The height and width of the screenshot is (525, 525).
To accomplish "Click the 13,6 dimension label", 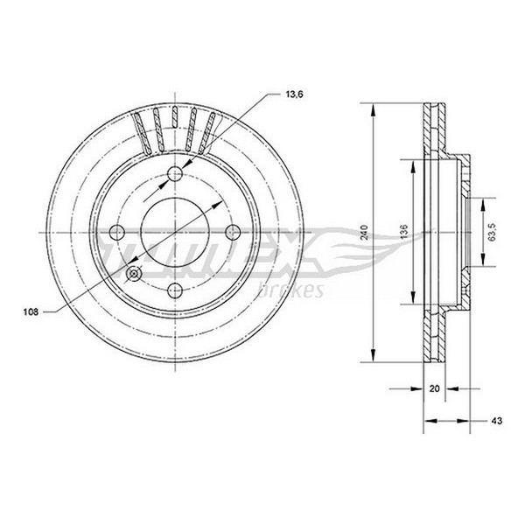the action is (294, 94).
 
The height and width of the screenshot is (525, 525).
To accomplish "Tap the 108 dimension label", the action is (31, 312).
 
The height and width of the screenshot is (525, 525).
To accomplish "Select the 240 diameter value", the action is (365, 232).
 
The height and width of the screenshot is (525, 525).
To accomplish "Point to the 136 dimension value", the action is (405, 232).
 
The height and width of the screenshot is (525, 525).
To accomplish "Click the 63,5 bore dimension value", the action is (492, 232).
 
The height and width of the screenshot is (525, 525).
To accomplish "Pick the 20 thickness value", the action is (434, 388).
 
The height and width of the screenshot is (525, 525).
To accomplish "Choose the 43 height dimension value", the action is (498, 421).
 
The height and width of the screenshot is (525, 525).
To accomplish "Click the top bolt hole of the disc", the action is (175, 173).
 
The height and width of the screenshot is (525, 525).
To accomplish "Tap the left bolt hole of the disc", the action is (117, 232).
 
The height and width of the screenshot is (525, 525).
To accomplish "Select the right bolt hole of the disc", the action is (233, 232).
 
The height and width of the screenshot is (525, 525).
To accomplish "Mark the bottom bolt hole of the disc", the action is (175, 290).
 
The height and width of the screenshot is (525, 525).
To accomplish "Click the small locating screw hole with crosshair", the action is (134, 274).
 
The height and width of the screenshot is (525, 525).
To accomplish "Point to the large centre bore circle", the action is (175, 199).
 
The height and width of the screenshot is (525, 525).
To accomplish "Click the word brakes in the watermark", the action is (290, 291).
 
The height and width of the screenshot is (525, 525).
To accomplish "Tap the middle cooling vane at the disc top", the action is (174, 116).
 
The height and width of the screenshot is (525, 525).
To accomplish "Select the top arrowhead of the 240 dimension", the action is (373, 110).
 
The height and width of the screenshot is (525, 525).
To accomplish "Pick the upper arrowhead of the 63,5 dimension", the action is (482, 204).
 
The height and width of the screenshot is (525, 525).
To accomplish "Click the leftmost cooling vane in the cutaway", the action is (142, 134).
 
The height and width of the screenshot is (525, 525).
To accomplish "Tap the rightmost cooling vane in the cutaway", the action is (206, 133).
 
